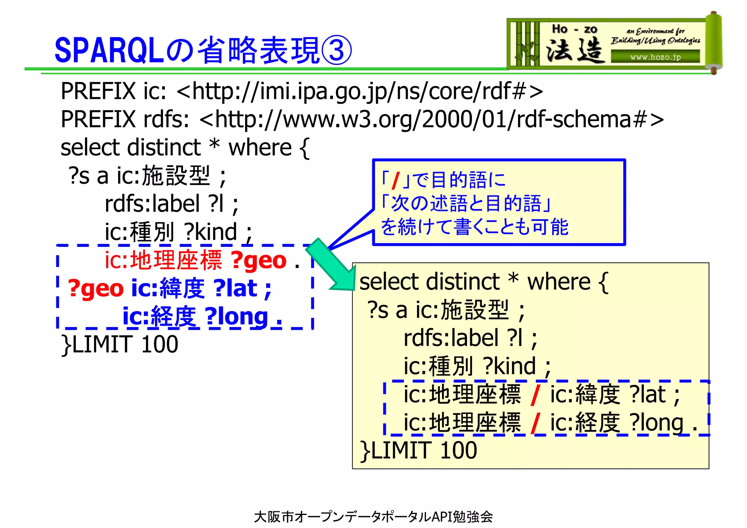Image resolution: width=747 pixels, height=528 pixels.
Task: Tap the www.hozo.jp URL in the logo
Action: [655, 57]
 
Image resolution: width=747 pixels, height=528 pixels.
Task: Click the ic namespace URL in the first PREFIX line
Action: [360, 91]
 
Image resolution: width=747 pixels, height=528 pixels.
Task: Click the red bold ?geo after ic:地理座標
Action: [259, 260]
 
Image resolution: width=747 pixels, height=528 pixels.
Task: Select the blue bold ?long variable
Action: [236, 316]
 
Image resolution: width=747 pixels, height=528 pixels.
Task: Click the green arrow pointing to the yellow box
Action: [330, 265]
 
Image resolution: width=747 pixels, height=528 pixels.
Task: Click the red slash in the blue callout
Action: [395, 180]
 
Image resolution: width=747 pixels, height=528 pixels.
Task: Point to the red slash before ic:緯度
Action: [535, 395]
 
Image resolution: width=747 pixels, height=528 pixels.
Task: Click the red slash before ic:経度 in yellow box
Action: [535, 423]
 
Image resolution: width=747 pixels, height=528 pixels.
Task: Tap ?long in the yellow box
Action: [657, 423]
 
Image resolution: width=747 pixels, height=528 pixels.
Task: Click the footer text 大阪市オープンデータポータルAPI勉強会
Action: [373, 516]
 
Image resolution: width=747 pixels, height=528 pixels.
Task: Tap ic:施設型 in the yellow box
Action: [462, 310]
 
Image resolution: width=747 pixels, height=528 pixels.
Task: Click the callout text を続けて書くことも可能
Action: [474, 227]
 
